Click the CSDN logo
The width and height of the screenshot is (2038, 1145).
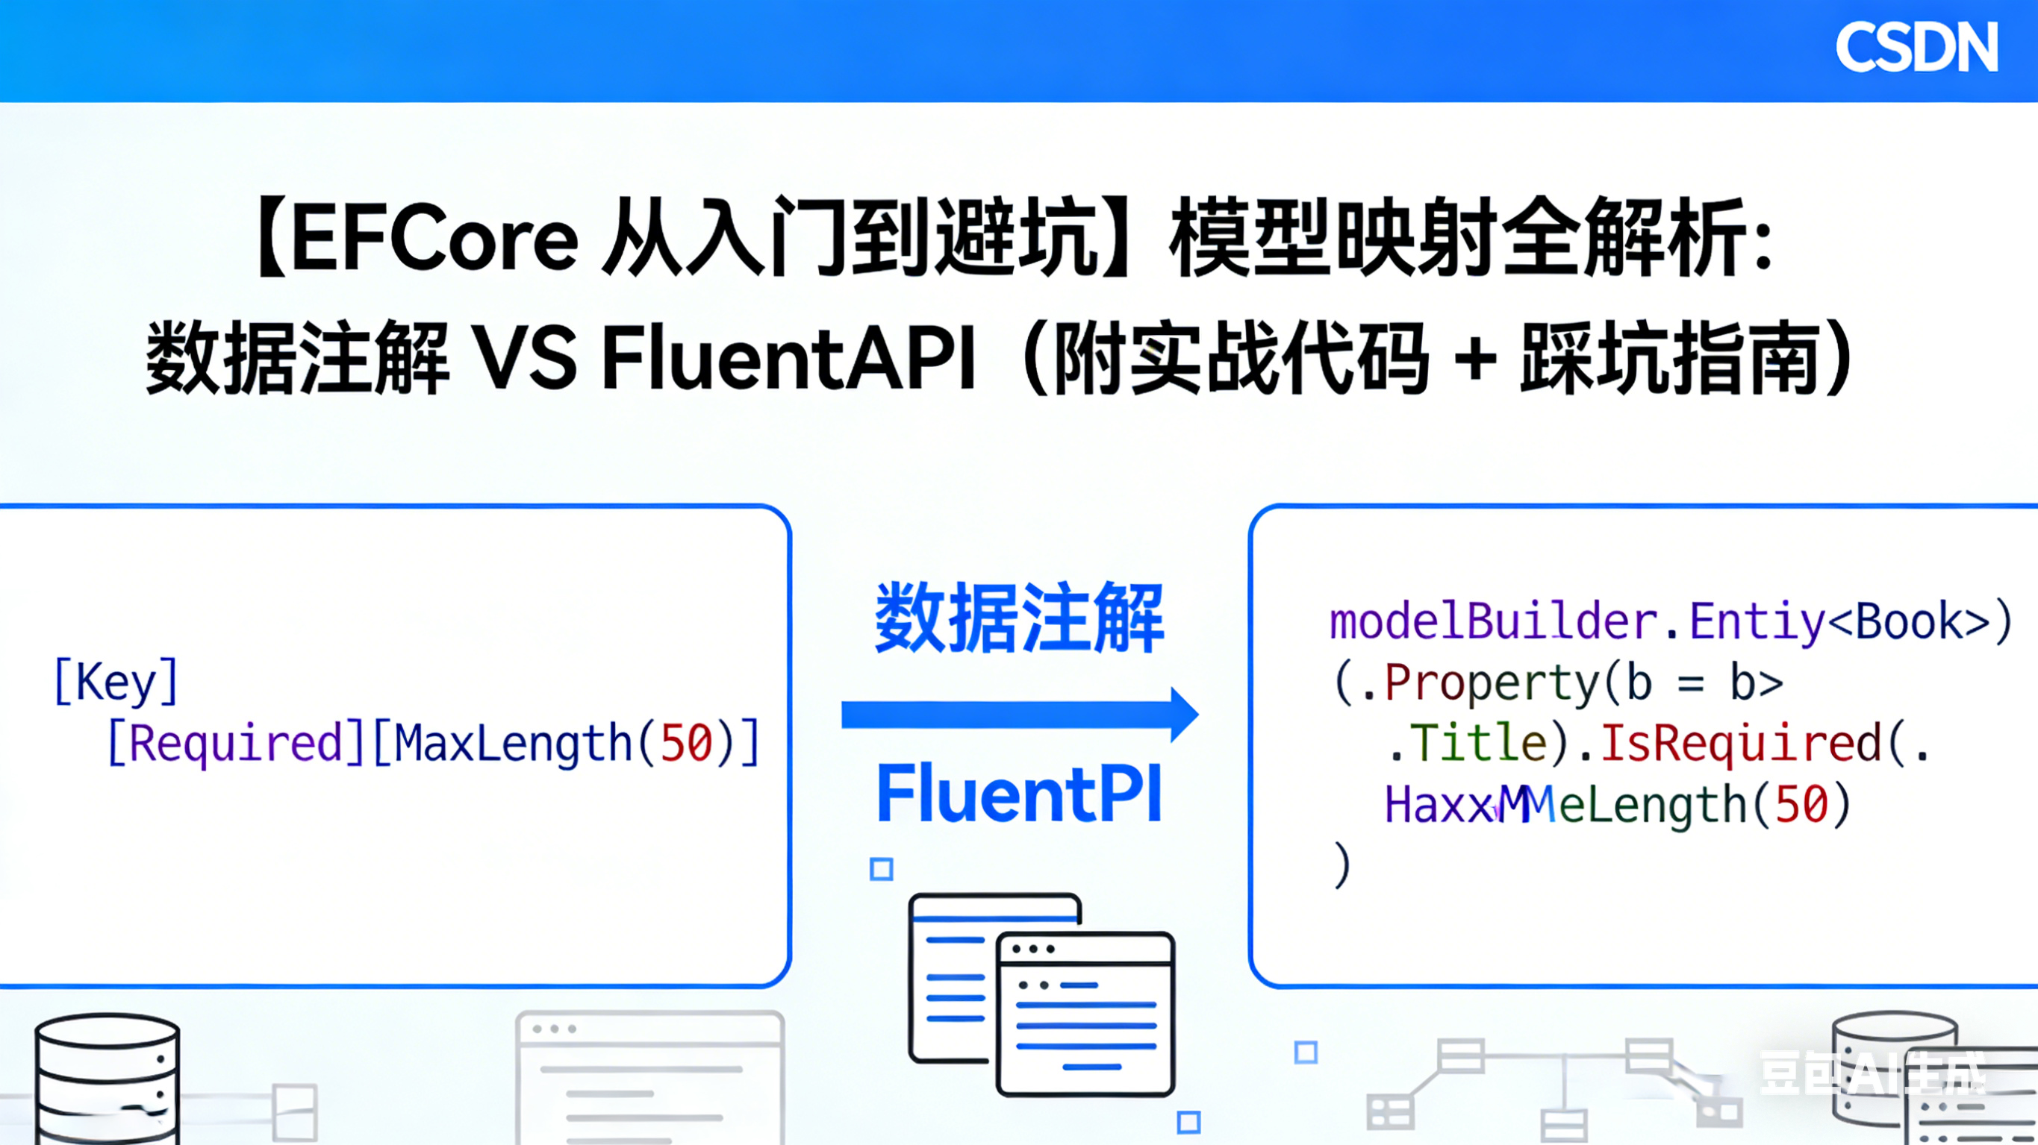click(x=1916, y=48)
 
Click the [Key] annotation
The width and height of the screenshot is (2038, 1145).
click(x=116, y=682)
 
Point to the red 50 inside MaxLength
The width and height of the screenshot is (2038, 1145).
click(x=686, y=743)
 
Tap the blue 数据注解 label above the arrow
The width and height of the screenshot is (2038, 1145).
click(x=1019, y=618)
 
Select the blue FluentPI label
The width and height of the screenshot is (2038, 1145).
click(x=1019, y=793)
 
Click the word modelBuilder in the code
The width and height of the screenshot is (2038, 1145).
click(x=1493, y=621)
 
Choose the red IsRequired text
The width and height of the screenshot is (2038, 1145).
click(x=1741, y=743)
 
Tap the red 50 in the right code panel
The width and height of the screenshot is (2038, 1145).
click(x=1801, y=805)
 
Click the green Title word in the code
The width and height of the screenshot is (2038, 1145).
click(x=1478, y=743)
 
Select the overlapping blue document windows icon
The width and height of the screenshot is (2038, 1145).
click(x=1041, y=994)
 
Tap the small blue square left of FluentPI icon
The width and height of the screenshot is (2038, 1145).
click(x=882, y=869)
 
